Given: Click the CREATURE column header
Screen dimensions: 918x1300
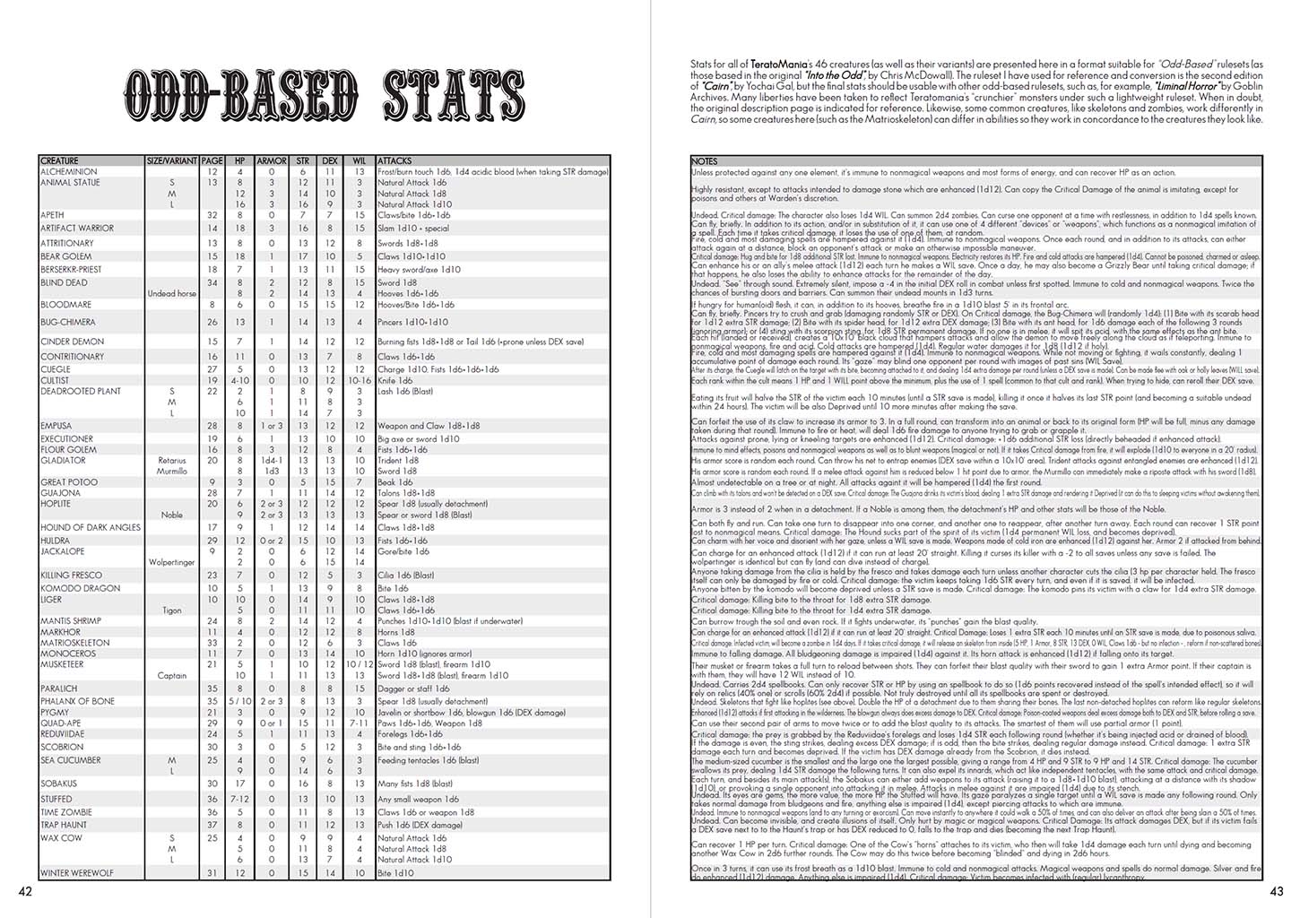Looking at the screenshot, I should [x=59, y=161].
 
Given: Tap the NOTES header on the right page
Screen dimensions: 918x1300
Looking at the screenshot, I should [x=705, y=161].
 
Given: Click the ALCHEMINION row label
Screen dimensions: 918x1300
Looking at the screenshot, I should [x=69, y=171].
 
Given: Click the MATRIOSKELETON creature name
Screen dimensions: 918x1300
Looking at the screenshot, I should [x=75, y=643].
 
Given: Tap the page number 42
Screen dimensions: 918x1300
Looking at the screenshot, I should [x=24, y=891].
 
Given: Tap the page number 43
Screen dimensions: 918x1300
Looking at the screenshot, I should [x=1276, y=891].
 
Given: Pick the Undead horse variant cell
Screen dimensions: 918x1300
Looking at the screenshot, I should [x=171, y=293].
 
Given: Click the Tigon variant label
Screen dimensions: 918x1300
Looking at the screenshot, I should [x=171, y=611].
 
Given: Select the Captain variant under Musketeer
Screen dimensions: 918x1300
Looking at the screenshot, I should [x=171, y=676].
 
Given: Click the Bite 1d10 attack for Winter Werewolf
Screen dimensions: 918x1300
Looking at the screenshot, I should [x=396, y=872].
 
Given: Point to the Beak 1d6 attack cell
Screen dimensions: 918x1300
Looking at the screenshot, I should [x=395, y=482].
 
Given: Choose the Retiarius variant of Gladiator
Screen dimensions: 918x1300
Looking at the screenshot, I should [x=171, y=460].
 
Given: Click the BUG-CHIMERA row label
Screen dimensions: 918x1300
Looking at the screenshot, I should [x=67, y=322].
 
